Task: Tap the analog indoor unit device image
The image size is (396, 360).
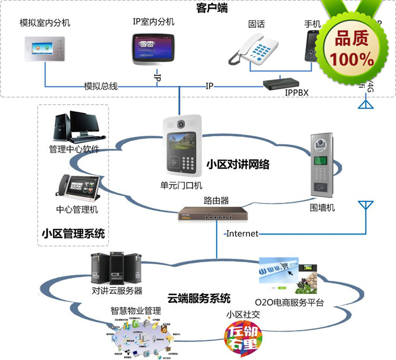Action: coord(42,50)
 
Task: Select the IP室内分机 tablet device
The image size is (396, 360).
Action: coord(153,50)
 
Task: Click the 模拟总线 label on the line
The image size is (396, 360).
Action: coord(101,86)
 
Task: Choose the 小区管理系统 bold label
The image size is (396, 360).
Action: coord(74,233)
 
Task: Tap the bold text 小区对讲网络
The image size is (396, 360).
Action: coord(237,164)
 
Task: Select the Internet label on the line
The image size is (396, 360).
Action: coord(242,233)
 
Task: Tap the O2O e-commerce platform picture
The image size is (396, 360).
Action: coord(289,277)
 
